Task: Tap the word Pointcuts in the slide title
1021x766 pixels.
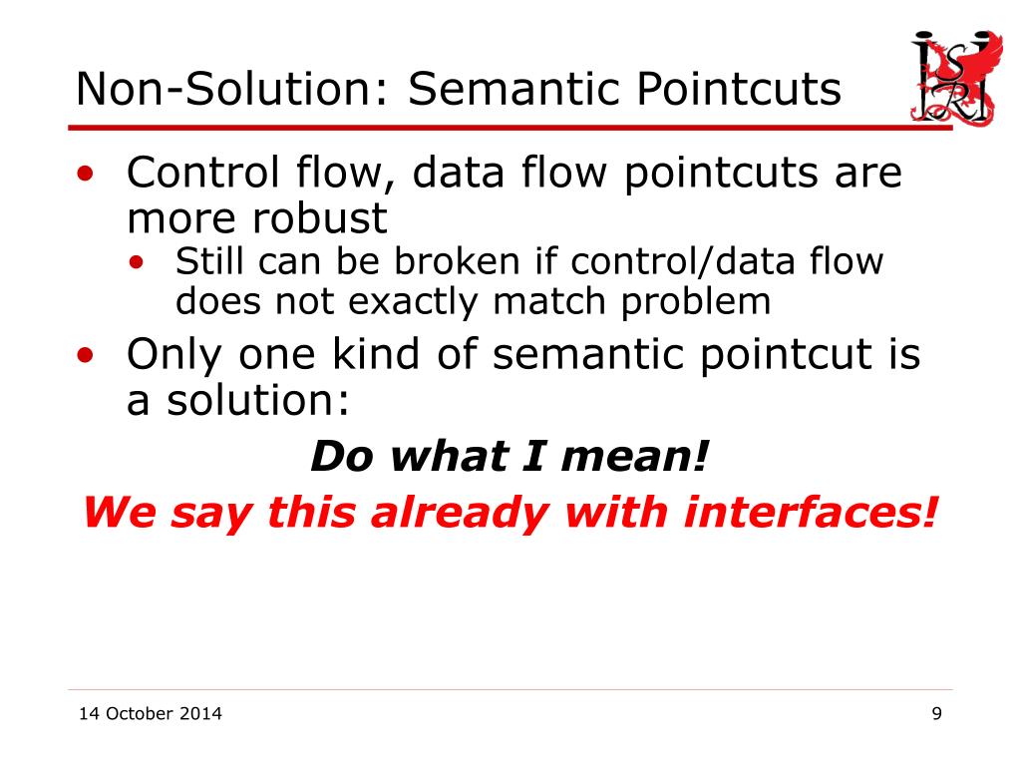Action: (x=738, y=89)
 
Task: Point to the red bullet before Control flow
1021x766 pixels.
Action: (x=86, y=174)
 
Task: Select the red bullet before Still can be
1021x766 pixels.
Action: (x=136, y=262)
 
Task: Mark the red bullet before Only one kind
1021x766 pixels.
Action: (x=86, y=355)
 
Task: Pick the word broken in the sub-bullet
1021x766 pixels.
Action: (x=457, y=261)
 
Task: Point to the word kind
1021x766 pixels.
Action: (x=376, y=354)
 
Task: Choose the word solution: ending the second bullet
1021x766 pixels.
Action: (x=258, y=400)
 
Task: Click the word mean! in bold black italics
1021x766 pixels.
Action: (x=634, y=456)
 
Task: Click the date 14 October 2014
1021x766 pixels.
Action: (x=151, y=714)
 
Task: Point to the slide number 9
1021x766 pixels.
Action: (x=936, y=714)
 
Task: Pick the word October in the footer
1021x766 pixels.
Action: (x=140, y=714)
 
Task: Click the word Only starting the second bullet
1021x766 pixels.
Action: (x=173, y=356)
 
